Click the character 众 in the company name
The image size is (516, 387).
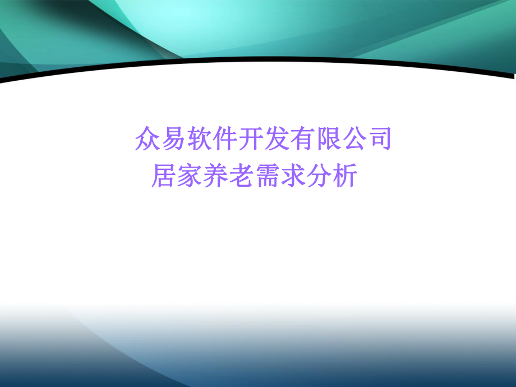pyautogui.click(x=148, y=139)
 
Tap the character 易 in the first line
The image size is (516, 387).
pyautogui.click(x=173, y=139)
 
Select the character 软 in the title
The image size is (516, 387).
pyautogui.click(x=199, y=139)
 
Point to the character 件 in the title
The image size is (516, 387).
pyautogui.click(x=225, y=139)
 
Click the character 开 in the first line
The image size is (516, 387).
pyautogui.click(x=251, y=139)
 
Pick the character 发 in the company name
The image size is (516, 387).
pyautogui.click(x=277, y=139)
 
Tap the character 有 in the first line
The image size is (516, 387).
pyautogui.click(x=302, y=139)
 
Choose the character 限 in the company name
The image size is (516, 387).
pyautogui.click(x=328, y=139)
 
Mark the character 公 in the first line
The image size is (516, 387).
pyautogui.click(x=354, y=139)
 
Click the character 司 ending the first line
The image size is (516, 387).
pyautogui.click(x=379, y=139)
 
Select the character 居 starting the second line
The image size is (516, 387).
pyautogui.click(x=164, y=176)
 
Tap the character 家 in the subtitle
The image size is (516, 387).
pyautogui.click(x=190, y=176)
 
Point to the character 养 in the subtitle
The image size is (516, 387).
pyautogui.click(x=215, y=176)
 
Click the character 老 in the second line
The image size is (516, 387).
pyautogui.click(x=241, y=176)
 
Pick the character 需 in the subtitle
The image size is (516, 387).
pyautogui.click(x=267, y=176)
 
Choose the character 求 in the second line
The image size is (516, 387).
pyautogui.click(x=293, y=176)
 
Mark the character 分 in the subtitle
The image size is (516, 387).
pyautogui.click(x=319, y=176)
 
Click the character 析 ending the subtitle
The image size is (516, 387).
pyautogui.click(x=344, y=176)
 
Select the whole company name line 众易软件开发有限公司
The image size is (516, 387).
pyautogui.click(x=263, y=139)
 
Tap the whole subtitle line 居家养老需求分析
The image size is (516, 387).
pyautogui.click(x=254, y=176)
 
